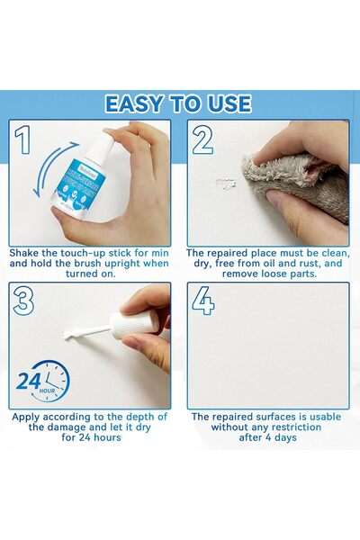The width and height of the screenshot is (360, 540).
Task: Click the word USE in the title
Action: click(228, 103)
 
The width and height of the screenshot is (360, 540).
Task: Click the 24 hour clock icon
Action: click(40, 380)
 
